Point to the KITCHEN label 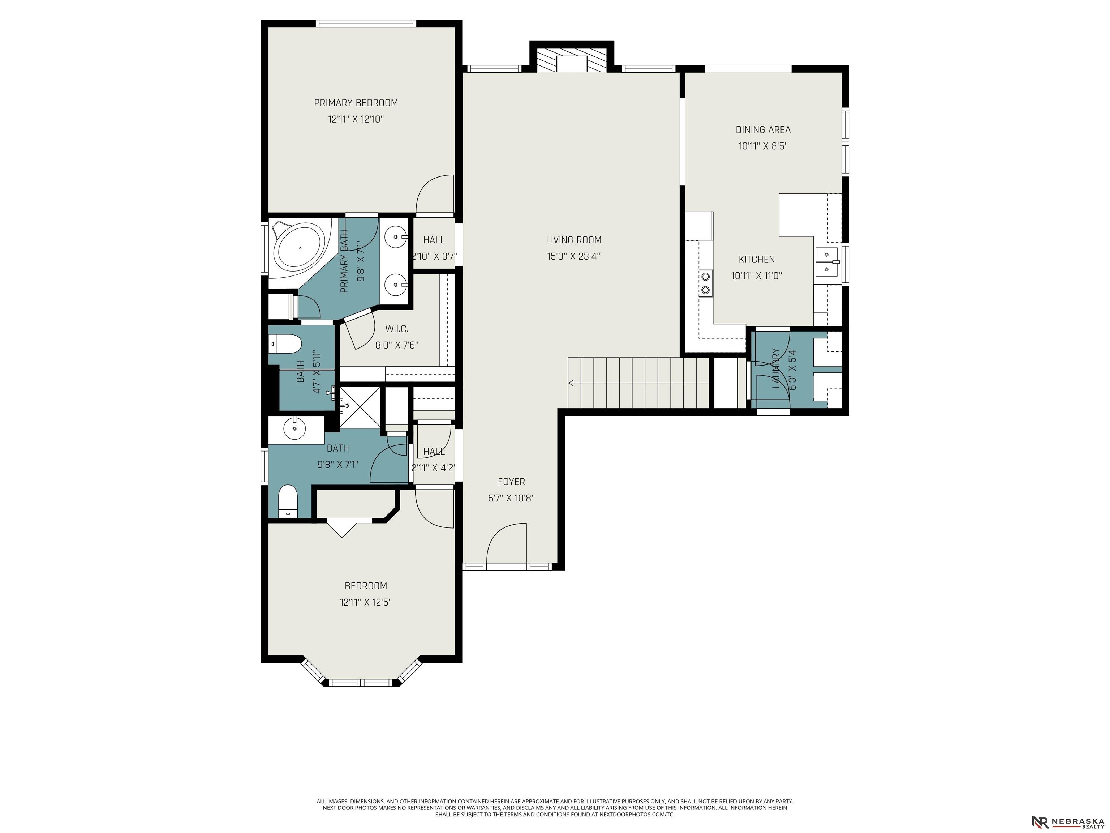757,260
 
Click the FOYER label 511,482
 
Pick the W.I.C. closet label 397,329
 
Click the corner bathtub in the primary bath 300,248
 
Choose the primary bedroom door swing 435,194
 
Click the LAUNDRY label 776,368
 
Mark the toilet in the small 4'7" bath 285,345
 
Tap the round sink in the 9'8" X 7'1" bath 294,429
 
